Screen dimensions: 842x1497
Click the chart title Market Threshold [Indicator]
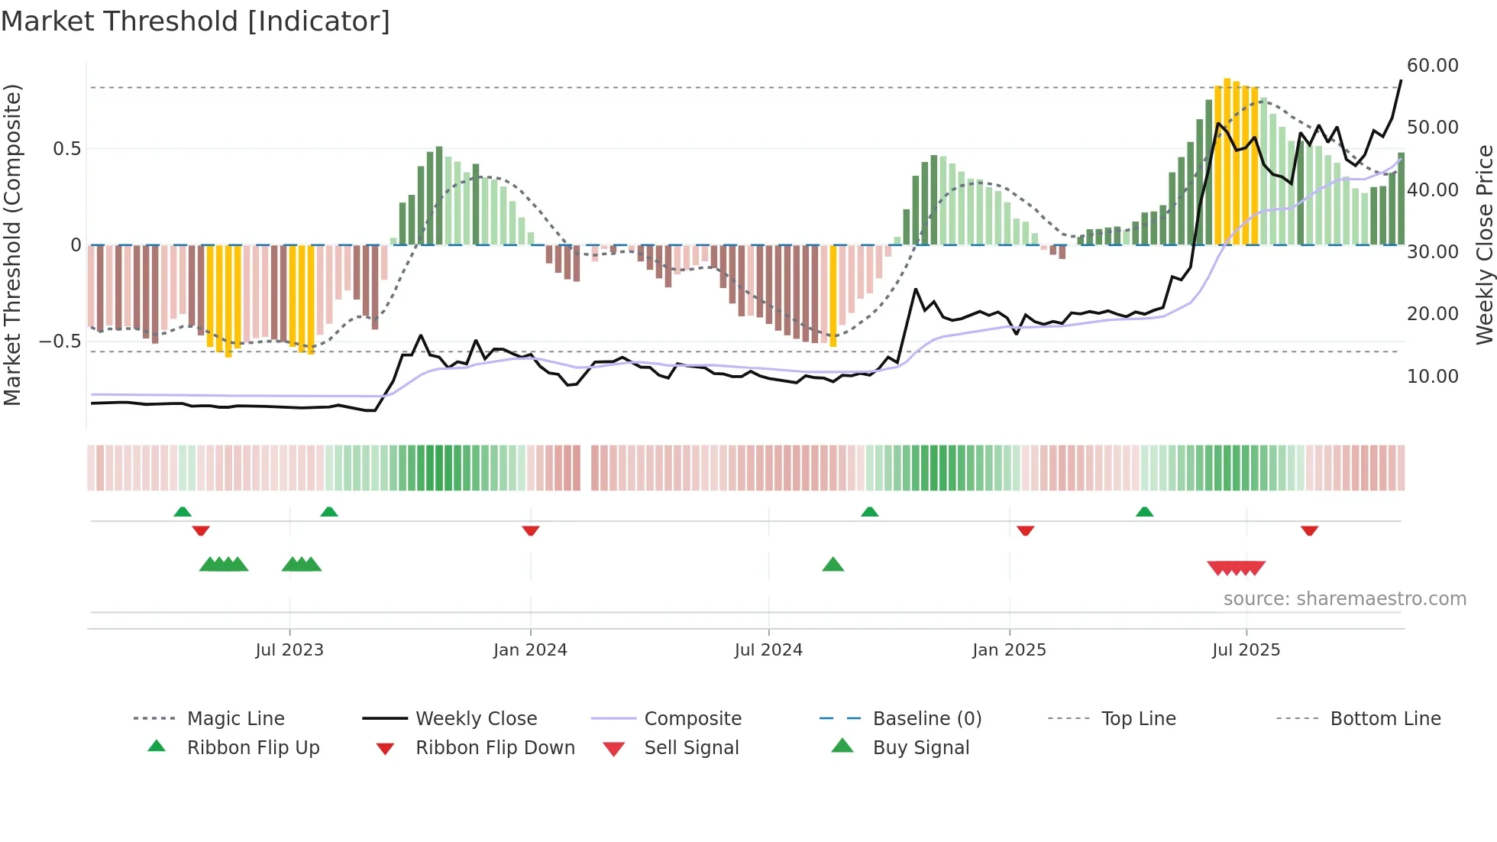point(196,21)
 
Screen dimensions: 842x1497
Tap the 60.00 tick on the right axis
point(1432,66)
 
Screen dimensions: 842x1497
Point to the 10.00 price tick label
point(1432,377)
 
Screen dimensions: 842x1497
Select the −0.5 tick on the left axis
point(60,342)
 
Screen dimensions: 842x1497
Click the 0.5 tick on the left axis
point(66,149)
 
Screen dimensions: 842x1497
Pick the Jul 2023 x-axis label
point(289,650)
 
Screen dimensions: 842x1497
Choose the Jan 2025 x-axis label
point(1009,650)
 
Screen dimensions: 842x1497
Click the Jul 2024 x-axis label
point(768,650)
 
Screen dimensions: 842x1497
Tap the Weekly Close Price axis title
point(1484,245)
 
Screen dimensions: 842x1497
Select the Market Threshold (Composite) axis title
point(12,245)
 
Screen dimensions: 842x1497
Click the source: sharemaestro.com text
point(1344,599)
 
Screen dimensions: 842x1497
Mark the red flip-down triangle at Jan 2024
point(531,531)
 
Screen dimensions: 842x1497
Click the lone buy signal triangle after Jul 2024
point(833,565)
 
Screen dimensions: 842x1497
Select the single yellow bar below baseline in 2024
point(833,296)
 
